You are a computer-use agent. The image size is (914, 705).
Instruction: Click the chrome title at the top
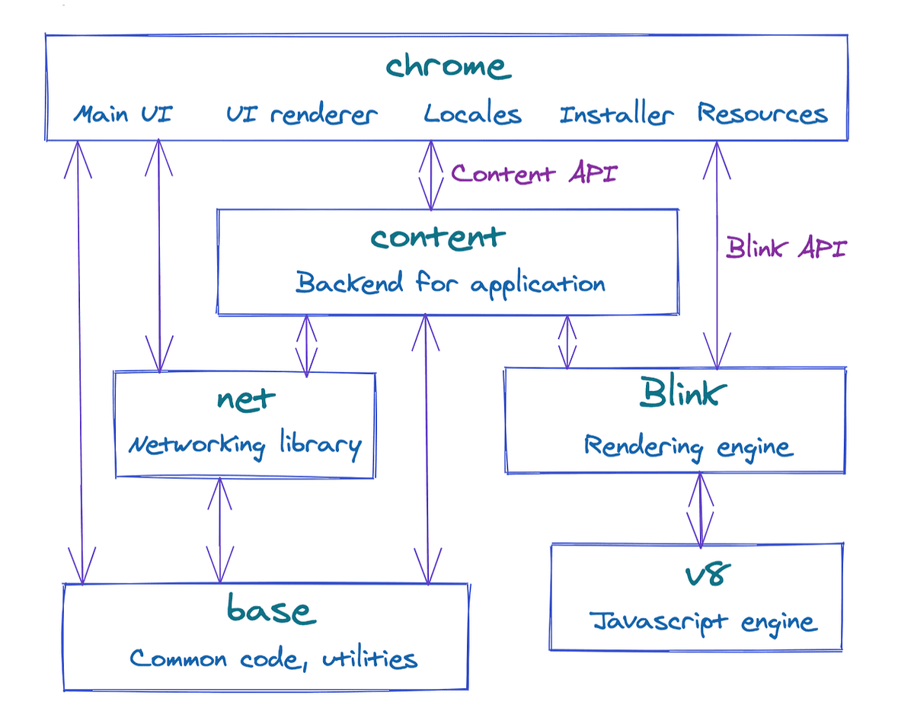(448, 67)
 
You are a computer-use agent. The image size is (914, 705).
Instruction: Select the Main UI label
(123, 114)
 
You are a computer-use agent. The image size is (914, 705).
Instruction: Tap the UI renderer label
(302, 115)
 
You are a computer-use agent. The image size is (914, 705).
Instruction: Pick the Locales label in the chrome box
(472, 114)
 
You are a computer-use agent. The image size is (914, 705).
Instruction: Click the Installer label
(616, 115)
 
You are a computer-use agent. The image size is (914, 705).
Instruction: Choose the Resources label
(762, 114)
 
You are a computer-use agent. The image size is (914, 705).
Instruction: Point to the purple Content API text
(534, 174)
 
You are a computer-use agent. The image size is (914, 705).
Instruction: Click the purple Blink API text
(786, 248)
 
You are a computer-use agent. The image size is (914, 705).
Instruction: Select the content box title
(438, 237)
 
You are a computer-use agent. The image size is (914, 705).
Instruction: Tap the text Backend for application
(450, 284)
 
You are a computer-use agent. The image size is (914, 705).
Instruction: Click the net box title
(245, 399)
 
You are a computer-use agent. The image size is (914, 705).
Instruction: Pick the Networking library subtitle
(244, 445)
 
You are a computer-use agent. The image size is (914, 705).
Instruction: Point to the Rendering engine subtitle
(688, 447)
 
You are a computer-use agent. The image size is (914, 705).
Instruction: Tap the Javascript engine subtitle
(703, 623)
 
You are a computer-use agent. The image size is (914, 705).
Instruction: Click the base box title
(270, 611)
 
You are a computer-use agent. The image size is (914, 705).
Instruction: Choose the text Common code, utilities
(273, 659)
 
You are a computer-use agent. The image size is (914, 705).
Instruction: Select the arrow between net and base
(220, 530)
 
